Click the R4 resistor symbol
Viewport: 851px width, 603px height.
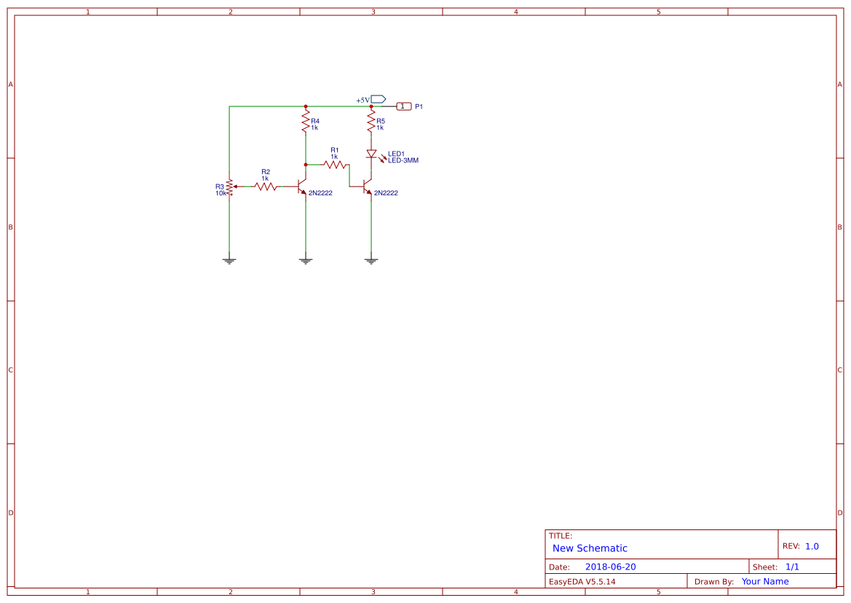[306, 122]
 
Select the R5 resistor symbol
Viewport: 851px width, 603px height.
[371, 122]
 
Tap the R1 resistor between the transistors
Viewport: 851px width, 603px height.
[335, 165]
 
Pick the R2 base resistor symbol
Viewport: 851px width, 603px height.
[266, 186]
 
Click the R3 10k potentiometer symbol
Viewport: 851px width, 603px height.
[229, 186]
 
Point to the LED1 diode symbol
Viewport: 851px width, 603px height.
[371, 154]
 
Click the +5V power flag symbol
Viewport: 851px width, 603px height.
[378, 99]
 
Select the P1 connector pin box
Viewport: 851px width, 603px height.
[404, 106]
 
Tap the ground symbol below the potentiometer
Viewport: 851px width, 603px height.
[229, 260]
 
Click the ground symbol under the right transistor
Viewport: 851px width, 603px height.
[371, 260]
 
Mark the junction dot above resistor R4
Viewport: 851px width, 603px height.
[306, 106]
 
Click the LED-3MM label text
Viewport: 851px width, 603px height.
[403, 160]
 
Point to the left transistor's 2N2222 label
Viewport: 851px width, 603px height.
[320, 193]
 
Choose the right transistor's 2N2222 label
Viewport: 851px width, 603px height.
[386, 193]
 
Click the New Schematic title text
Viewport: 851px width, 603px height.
[590, 548]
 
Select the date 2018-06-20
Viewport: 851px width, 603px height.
[610, 567]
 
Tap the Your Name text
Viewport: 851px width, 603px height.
[765, 581]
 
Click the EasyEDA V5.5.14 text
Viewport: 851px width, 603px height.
[582, 581]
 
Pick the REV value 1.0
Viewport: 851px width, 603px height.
[812, 546]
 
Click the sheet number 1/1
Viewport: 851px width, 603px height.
[792, 567]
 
